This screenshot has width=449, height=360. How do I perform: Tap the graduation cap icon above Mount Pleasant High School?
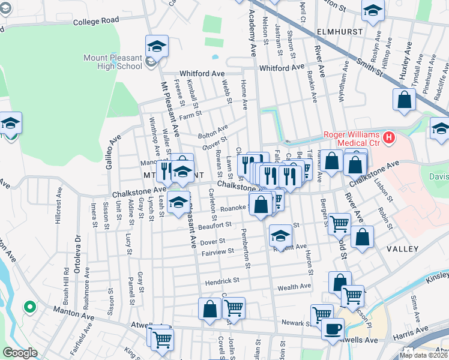[x=157, y=46]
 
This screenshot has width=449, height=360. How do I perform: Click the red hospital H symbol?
[x=390, y=138]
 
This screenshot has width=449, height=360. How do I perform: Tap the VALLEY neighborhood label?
[x=402, y=248]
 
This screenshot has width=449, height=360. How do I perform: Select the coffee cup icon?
[x=333, y=328]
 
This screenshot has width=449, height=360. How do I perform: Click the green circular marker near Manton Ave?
[x=29, y=308]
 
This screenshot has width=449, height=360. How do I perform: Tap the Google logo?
[x=20, y=353]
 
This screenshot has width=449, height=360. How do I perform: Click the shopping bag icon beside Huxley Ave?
[x=404, y=100]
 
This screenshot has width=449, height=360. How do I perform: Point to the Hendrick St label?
[x=222, y=280]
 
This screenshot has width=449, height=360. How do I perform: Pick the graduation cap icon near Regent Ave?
[x=280, y=236]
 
